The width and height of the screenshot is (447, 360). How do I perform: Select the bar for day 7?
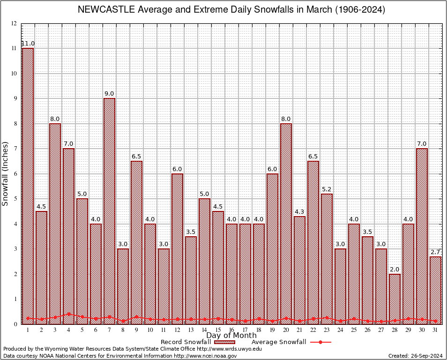(109, 211)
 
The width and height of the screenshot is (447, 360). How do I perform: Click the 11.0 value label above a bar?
(28, 44)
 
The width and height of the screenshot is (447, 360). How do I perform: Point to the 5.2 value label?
(327, 189)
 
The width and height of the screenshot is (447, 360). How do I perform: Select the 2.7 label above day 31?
(435, 252)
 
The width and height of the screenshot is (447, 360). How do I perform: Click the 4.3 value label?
(299, 212)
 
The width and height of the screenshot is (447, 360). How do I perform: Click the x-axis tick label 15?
(218, 330)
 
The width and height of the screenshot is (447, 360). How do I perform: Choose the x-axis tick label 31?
(435, 330)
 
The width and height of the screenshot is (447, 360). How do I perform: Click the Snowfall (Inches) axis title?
(6, 174)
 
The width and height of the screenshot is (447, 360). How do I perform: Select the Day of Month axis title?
(231, 336)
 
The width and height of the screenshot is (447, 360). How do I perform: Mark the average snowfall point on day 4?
(68, 314)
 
